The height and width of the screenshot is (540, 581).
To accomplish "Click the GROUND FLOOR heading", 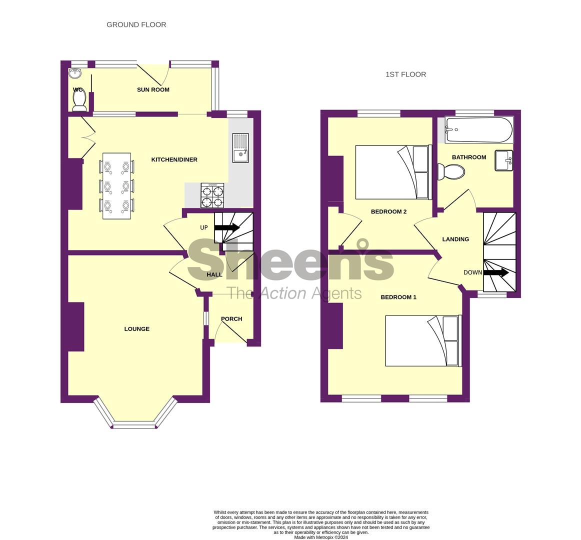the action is pos(136,25).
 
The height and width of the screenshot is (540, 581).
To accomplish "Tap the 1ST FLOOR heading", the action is pos(405,74).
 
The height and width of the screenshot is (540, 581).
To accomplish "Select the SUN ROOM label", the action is pos(153,89).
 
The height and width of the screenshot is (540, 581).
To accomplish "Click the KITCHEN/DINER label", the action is pos(174,159).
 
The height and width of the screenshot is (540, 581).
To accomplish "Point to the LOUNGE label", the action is pos(136,329).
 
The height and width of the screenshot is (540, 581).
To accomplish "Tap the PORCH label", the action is pos(231,319).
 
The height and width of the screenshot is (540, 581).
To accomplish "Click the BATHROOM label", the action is pos(469,157).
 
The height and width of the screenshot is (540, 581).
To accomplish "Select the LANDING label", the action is pos(455,239).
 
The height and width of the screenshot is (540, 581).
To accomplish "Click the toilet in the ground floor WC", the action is pos(79,99).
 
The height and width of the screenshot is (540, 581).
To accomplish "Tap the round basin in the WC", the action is pos(75,73).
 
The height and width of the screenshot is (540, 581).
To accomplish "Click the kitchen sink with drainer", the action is pos(241,148).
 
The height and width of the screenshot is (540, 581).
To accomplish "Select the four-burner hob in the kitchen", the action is pos(212,195).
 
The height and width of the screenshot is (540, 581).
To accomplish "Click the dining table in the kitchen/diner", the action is pos(116,185).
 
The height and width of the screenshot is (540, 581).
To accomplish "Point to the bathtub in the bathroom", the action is pos(479,130).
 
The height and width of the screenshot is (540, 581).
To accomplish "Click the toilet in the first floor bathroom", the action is pos(451,172).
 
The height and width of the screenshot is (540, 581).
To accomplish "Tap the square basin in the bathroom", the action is pos(504,160).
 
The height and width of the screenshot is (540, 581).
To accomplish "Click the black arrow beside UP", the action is pos(227,228).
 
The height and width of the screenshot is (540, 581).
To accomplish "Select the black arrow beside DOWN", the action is pos(496,273).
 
